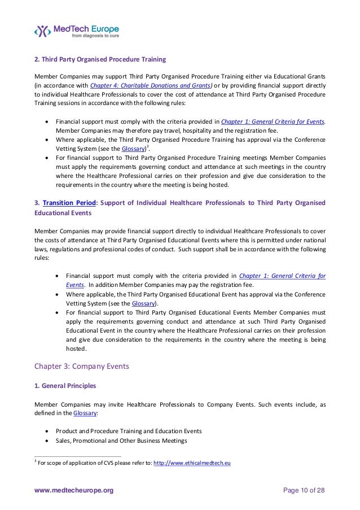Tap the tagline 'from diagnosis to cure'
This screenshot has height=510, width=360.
pos(85,38)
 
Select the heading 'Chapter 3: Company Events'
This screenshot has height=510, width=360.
pos(82,366)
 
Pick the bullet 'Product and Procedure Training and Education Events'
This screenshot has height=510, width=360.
pos(128,430)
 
